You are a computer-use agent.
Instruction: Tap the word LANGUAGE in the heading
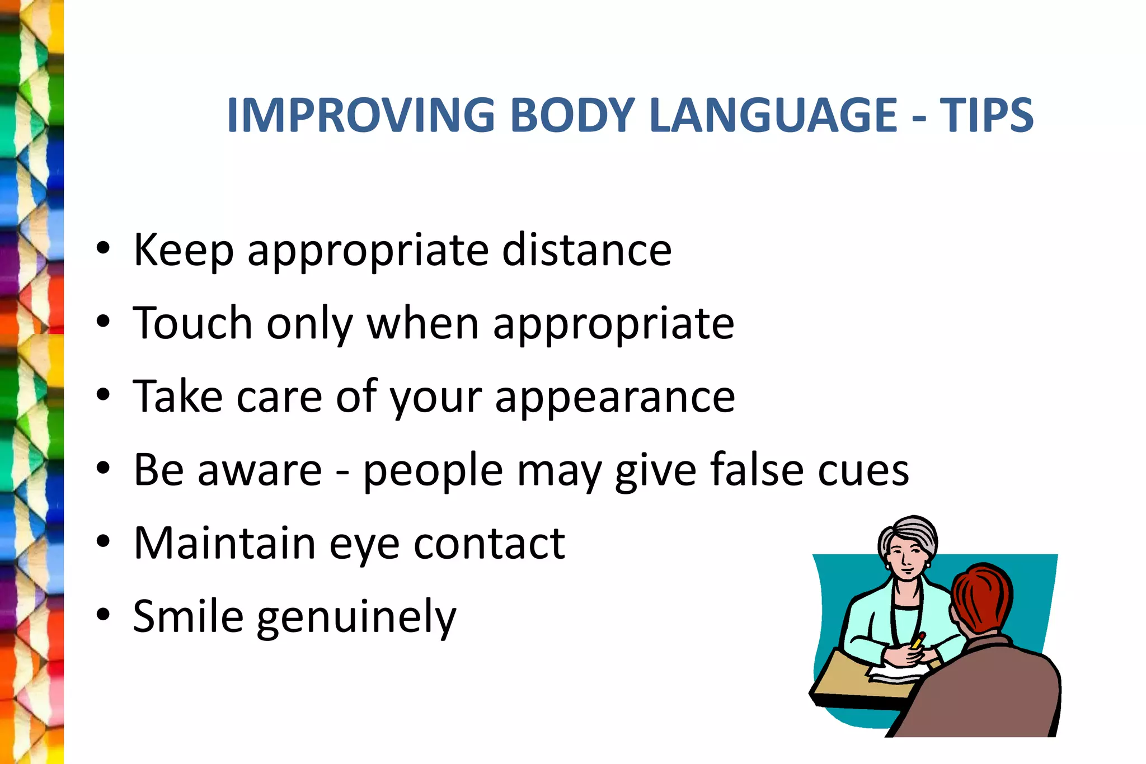coord(774,115)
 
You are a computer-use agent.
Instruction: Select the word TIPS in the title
coord(986,115)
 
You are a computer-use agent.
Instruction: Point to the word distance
coord(586,250)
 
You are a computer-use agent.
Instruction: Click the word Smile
coord(188,616)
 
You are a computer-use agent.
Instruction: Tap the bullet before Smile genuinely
coord(103,615)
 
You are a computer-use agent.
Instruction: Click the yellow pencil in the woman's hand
coord(918,640)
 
